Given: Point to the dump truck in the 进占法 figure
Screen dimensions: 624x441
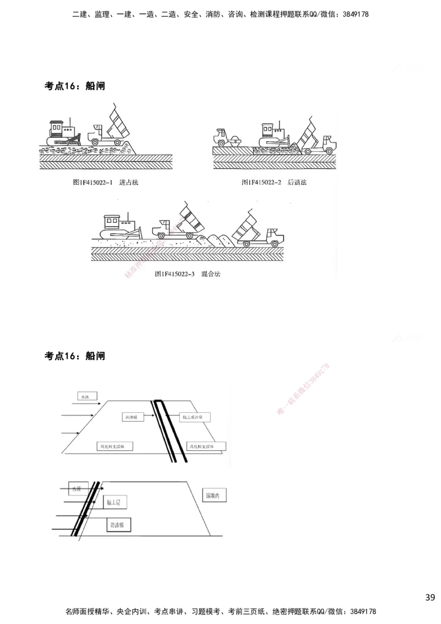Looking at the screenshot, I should coord(110,130).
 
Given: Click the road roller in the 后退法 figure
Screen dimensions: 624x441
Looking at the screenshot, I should coord(228,138).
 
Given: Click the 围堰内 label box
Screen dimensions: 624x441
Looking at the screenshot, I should coord(213,494).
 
